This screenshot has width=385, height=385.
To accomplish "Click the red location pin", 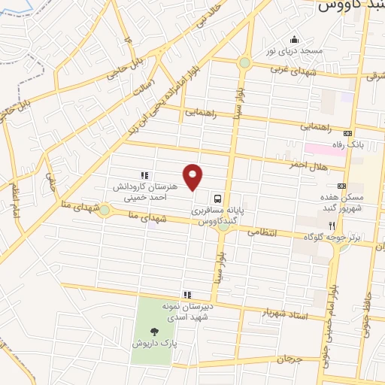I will tap(193, 176).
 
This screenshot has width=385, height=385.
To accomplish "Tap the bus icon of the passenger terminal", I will tap(217, 199).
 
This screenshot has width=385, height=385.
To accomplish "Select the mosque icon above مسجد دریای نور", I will tap(293, 40).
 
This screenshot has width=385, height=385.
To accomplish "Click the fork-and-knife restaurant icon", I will tap(330, 225).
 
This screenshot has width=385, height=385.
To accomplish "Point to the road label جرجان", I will tap(288, 359).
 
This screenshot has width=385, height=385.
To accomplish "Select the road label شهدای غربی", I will tap(318, 71).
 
